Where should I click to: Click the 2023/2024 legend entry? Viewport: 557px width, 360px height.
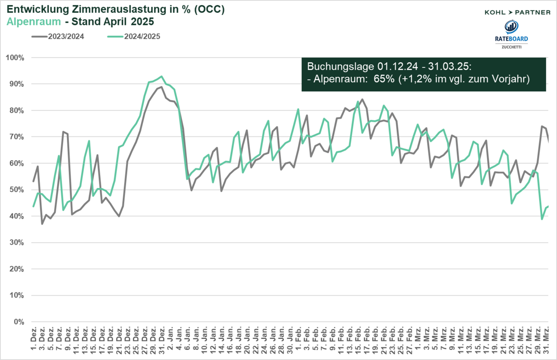65,37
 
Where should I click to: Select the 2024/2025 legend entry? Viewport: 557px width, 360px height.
141,37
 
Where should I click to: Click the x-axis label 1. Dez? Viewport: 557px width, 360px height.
34,341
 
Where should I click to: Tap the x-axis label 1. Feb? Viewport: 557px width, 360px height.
298,341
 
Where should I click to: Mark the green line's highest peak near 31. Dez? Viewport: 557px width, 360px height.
161,76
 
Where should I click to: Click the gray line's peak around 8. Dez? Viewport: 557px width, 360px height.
63,132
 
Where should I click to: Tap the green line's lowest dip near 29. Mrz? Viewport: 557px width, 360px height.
542,219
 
